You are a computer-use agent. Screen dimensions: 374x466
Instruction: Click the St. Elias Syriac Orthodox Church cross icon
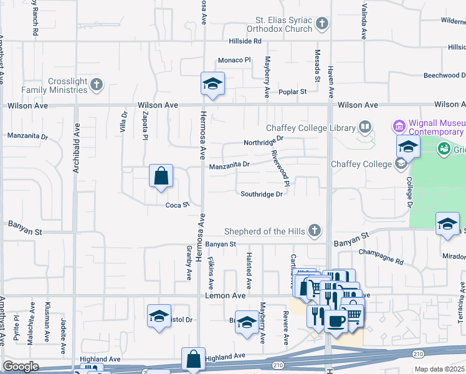[321, 24]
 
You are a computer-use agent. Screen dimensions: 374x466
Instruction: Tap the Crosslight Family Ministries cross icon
[96, 85]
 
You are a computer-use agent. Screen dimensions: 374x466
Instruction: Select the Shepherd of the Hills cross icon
[315, 231]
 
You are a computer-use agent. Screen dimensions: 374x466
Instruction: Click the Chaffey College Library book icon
[364, 128]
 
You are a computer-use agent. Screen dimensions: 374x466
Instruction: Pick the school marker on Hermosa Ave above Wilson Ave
[212, 85]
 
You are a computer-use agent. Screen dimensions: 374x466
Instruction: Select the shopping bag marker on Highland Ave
[193, 359]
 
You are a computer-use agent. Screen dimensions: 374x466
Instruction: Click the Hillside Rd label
[245, 41]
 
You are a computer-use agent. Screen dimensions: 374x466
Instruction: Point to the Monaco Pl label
[234, 60]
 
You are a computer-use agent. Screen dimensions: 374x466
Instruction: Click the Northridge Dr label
[264, 143]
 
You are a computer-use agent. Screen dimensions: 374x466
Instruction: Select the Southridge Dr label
[262, 194]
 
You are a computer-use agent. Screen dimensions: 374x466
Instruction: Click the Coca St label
[177, 205]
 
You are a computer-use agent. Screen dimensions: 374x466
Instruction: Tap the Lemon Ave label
[226, 296]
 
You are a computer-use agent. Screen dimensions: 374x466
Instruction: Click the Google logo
[21, 367]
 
